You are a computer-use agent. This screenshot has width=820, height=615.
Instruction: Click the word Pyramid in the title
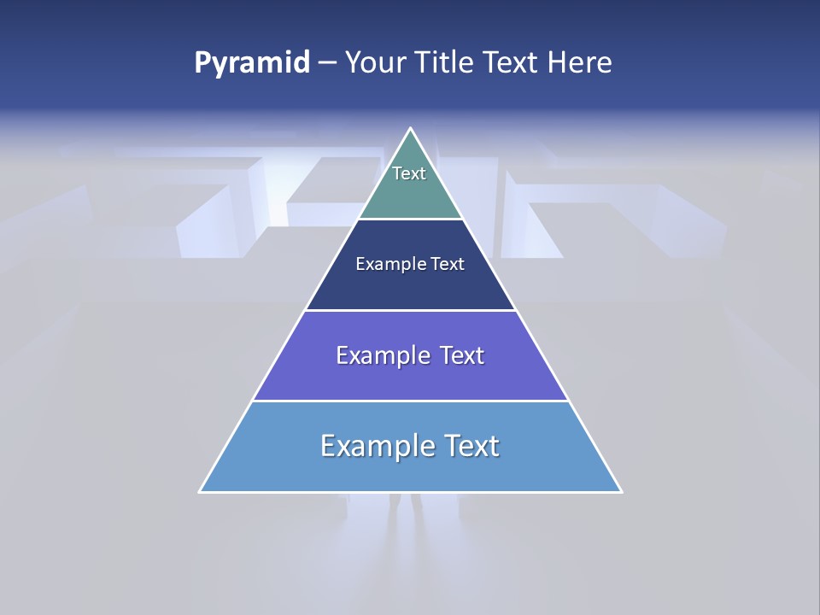251,63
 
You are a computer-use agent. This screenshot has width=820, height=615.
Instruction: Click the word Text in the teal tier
409,173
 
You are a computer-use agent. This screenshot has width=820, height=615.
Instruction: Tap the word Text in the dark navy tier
448,265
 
